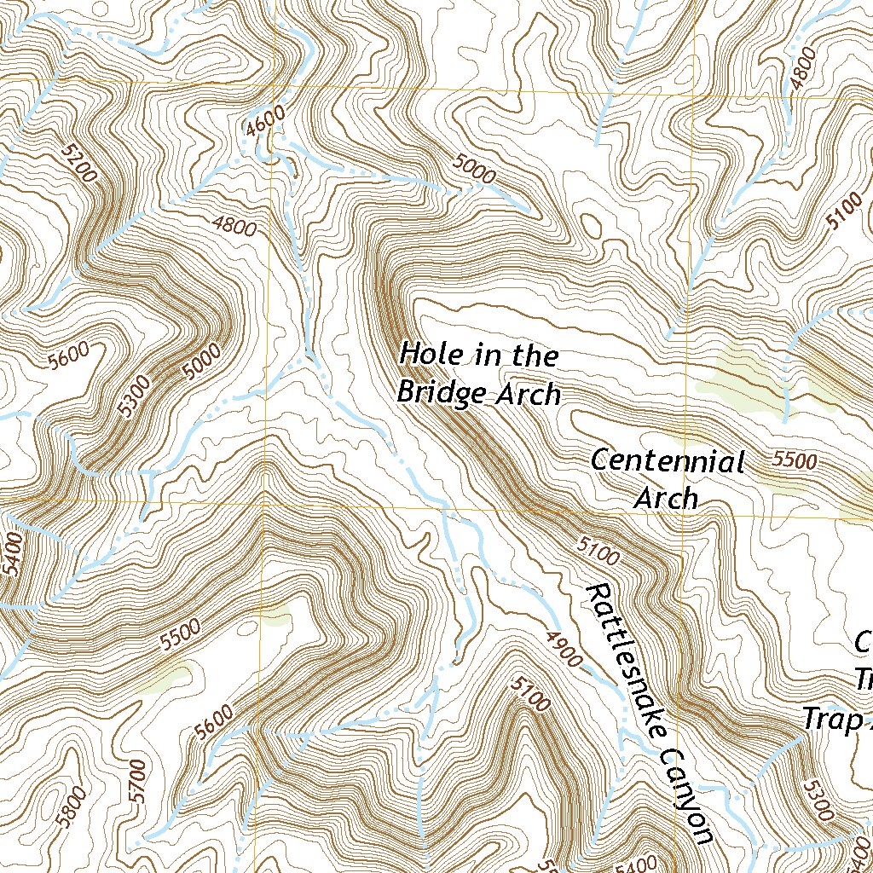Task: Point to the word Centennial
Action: [668, 462]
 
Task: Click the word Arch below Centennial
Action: [667, 497]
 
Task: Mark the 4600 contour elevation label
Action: [263, 123]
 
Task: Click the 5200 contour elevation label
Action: [79, 162]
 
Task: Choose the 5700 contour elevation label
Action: [139, 779]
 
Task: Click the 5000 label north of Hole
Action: [474, 171]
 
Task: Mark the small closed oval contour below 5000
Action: [587, 225]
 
